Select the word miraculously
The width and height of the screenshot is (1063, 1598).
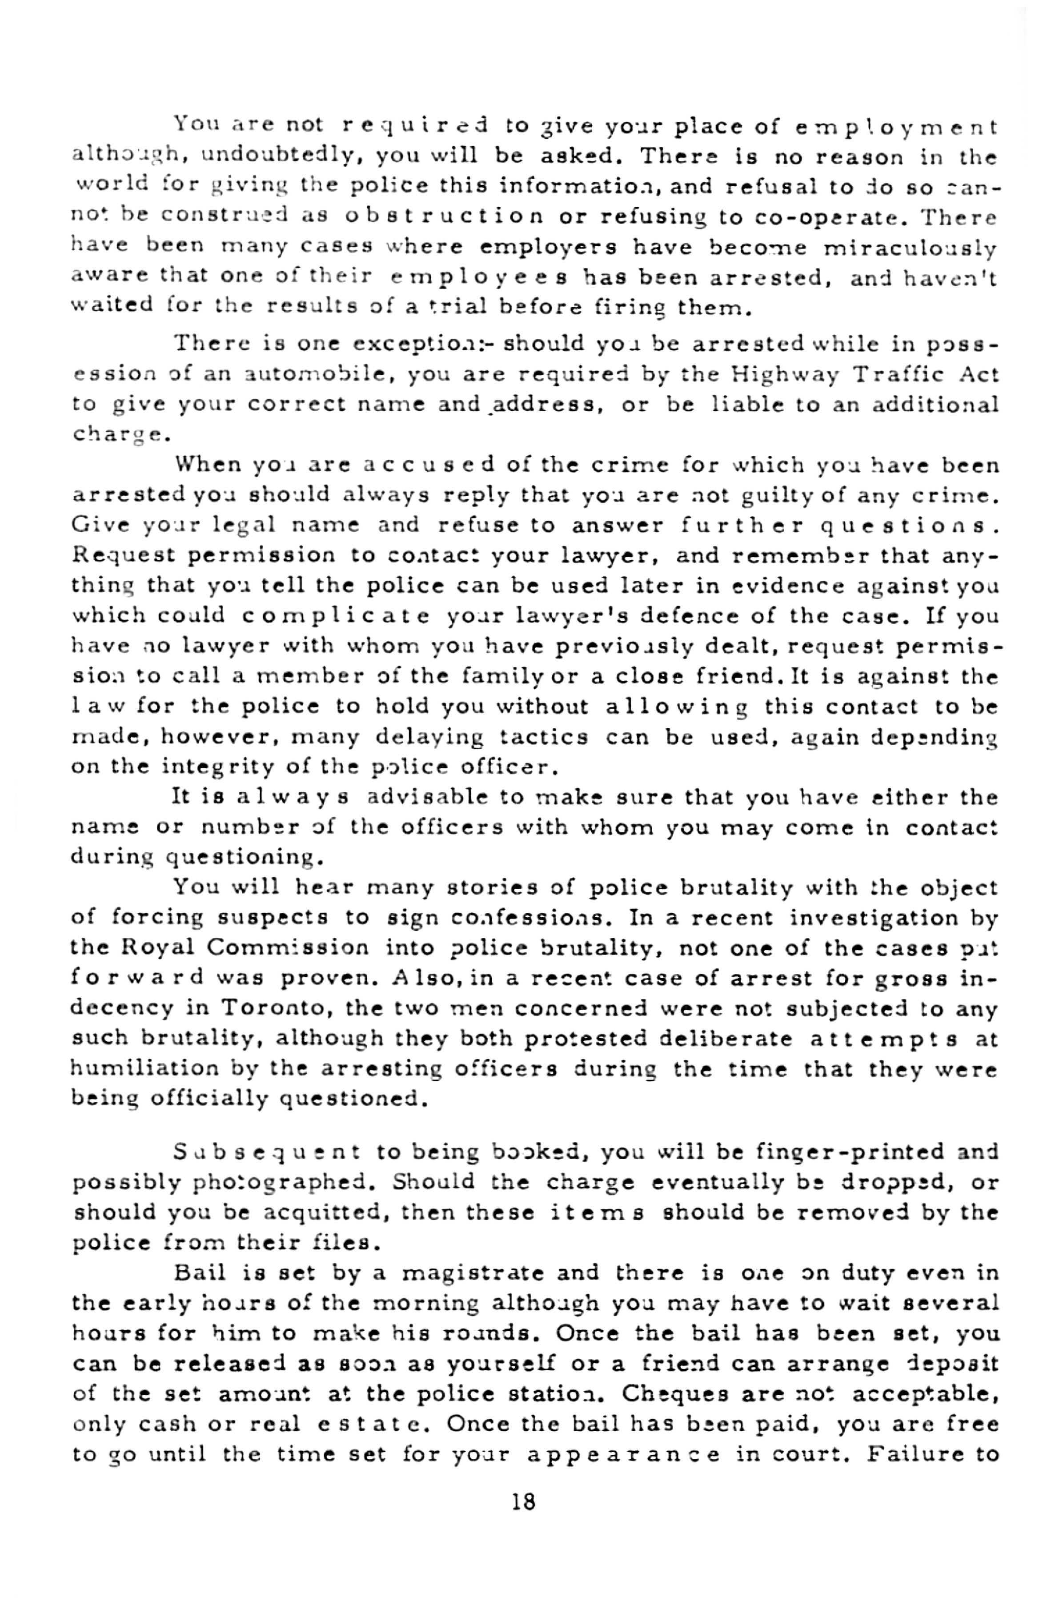tap(910, 248)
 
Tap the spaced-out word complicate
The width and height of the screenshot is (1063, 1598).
tap(337, 616)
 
